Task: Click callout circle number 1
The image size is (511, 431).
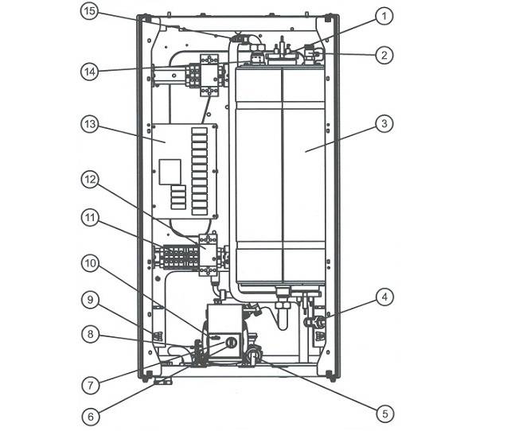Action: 384,16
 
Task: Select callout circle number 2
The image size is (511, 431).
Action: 384,55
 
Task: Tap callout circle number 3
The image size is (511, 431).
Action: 384,124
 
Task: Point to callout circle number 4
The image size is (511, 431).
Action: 384,297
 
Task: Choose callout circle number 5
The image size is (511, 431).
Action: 385,414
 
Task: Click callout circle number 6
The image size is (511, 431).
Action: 90,417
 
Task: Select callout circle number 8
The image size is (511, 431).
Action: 90,334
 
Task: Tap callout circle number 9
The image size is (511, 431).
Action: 90,300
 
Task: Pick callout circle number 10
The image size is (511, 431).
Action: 90,263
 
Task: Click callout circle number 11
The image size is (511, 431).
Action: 90,217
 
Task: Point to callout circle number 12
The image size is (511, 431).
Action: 90,180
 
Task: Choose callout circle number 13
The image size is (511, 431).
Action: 90,124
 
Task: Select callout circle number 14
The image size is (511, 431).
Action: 90,72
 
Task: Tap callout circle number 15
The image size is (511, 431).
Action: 90,11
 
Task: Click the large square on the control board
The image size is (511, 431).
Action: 170,172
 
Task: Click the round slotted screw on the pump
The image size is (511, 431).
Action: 230,343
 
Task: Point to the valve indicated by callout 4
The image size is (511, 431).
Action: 314,322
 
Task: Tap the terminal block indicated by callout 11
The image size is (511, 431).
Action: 180,258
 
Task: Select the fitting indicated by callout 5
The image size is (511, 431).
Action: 254,355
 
